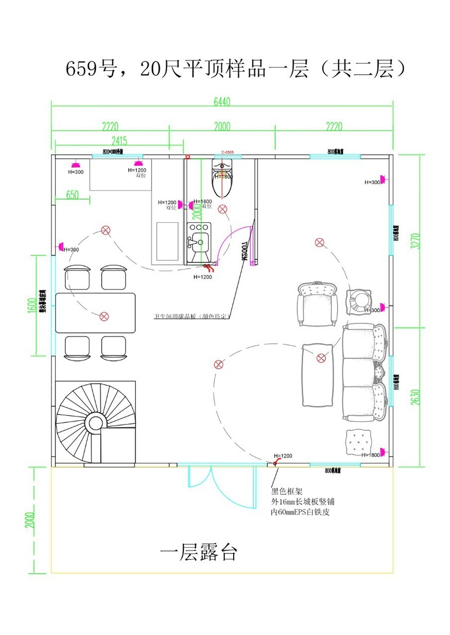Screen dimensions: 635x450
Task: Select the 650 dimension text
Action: [x=72, y=195]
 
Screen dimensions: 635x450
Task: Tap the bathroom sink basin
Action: [x=199, y=235]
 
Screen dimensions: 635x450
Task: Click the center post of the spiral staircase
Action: [x=95, y=423]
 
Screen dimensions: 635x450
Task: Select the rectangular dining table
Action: [x=95, y=313]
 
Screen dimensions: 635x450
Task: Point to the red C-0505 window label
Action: [x=227, y=152]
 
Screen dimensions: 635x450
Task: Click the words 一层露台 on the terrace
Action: [x=198, y=554]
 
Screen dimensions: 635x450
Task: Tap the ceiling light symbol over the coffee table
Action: [x=321, y=358]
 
